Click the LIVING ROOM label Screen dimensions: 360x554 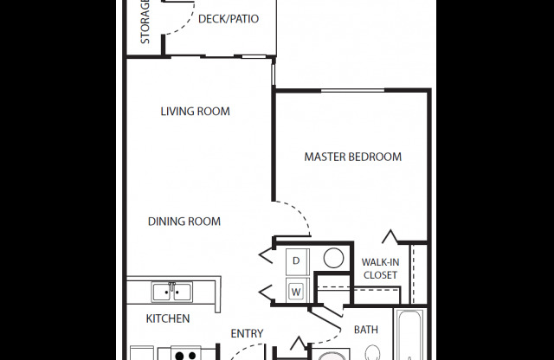195,112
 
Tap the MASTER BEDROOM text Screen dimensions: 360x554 352,157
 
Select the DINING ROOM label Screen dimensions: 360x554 184,222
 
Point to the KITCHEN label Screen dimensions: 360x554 167,318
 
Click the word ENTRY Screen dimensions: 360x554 247,334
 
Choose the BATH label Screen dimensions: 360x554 366,330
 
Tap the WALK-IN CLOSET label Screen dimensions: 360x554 379,268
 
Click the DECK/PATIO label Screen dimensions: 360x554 229,19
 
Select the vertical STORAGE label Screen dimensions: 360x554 145,22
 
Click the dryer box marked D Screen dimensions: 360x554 296,260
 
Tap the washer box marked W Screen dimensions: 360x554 296,291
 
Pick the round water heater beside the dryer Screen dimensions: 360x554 332,258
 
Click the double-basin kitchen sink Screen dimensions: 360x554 171,291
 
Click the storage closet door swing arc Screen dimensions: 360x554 175,17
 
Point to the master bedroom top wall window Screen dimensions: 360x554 353,89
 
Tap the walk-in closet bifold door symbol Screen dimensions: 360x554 390,235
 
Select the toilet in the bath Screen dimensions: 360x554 372,353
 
